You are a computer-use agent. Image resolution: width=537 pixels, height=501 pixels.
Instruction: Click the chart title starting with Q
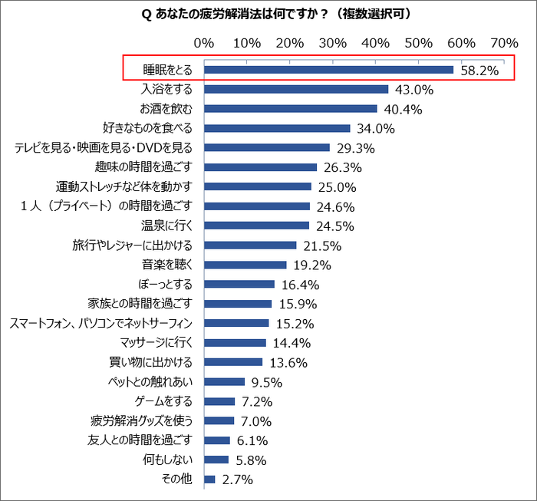click(x=268, y=14)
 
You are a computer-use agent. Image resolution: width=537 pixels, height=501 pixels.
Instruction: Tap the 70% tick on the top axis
click(x=505, y=43)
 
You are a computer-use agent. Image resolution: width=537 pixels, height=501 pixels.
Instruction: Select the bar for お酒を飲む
click(x=291, y=108)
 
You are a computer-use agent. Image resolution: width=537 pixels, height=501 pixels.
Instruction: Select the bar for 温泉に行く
click(x=257, y=226)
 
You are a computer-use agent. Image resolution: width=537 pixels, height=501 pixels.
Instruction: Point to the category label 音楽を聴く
click(x=162, y=265)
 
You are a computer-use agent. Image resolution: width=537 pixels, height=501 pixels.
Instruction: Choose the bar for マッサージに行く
click(x=235, y=343)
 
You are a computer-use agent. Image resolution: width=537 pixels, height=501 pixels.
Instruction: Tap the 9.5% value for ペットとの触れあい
click(x=266, y=382)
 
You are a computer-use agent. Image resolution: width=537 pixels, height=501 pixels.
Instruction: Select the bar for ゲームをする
click(x=219, y=401)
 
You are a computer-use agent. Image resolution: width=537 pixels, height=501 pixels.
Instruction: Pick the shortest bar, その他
click(x=209, y=480)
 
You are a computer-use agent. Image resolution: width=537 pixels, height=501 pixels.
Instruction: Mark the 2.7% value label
click(x=236, y=480)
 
